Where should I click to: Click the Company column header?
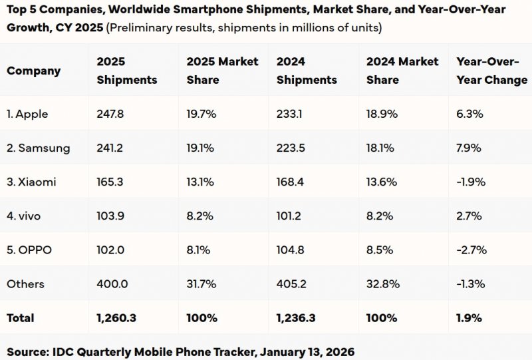[x=33, y=71]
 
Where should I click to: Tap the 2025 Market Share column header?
[x=222, y=71]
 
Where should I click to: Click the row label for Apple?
[x=27, y=114]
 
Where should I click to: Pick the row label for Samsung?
[x=38, y=148]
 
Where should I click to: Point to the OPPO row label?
[x=29, y=250]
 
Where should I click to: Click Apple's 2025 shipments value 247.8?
[x=110, y=114]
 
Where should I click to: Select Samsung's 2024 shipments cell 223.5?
[x=291, y=148]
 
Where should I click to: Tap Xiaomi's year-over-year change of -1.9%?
[x=471, y=182]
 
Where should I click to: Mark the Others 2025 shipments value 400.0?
[x=111, y=284]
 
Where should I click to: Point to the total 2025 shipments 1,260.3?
[x=116, y=318]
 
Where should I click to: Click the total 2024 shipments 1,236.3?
[x=296, y=318]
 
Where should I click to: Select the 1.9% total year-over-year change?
[x=469, y=318]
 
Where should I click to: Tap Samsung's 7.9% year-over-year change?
[x=468, y=148]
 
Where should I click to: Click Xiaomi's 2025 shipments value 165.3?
[x=110, y=182]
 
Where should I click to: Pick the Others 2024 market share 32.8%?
[x=382, y=284]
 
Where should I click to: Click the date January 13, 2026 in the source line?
[x=307, y=351]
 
